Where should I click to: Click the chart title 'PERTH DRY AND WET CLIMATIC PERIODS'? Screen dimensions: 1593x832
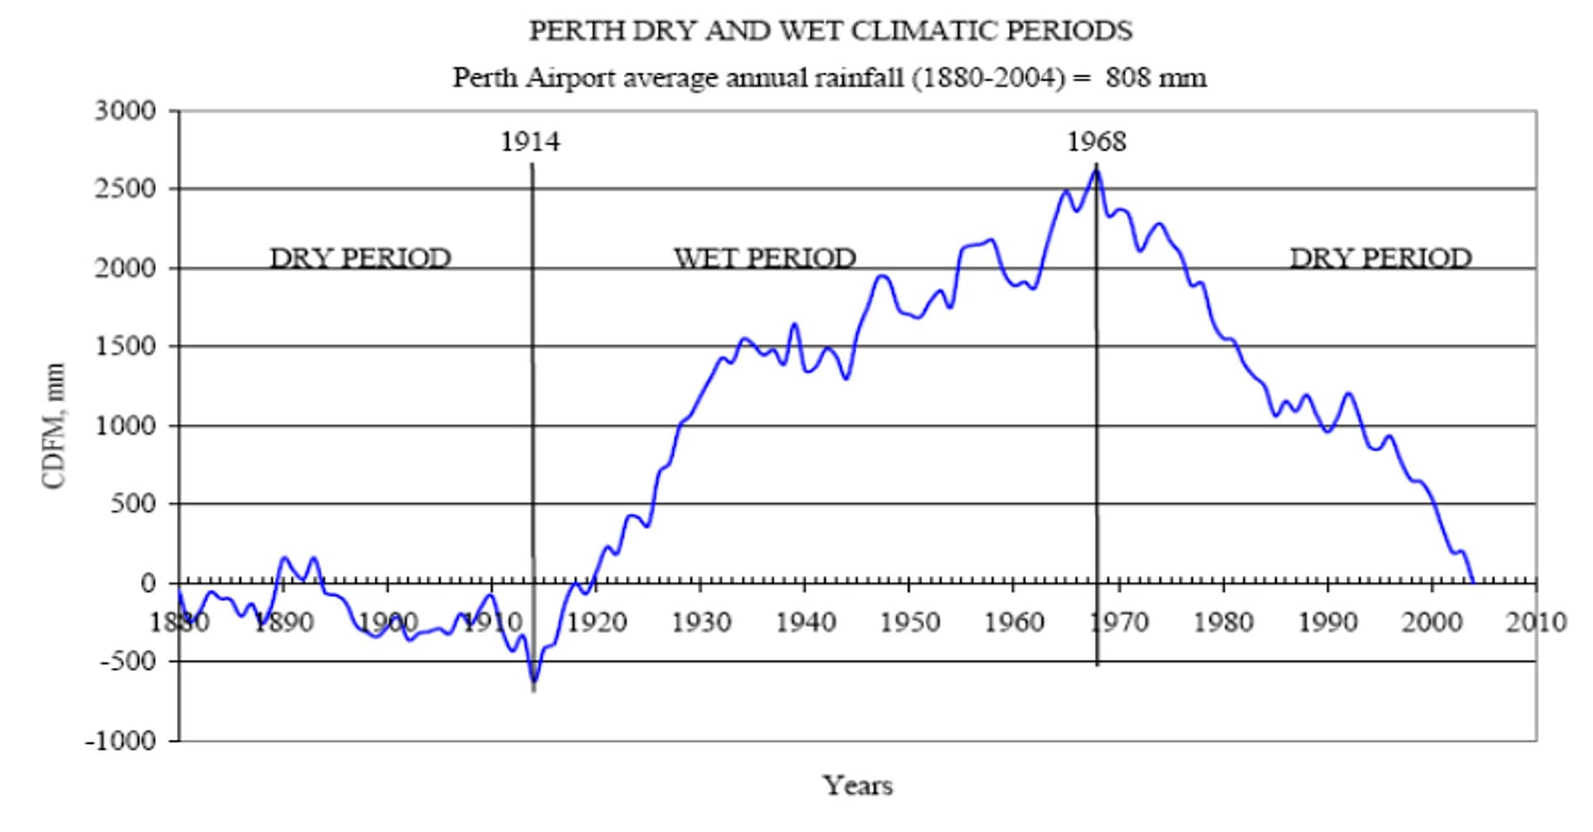tap(831, 31)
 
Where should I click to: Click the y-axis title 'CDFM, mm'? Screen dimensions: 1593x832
tap(54, 426)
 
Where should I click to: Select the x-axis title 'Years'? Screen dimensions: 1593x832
tap(858, 785)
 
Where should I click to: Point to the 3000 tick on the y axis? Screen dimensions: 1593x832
tap(125, 110)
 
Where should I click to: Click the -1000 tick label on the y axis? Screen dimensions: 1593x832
tap(120, 740)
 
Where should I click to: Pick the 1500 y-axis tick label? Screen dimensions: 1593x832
tap(125, 346)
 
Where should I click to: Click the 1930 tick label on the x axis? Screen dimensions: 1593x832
tap(701, 622)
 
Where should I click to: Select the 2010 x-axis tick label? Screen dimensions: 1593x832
tap(1536, 622)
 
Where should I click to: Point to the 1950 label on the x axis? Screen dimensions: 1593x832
tap(909, 622)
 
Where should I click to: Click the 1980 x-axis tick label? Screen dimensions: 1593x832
tap(1223, 622)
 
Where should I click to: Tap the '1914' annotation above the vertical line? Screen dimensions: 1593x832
tap(530, 142)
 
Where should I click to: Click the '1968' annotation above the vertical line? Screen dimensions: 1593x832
tap(1097, 142)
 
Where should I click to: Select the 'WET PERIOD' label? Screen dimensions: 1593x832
tap(764, 258)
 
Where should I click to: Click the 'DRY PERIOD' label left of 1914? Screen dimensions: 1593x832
tap(360, 258)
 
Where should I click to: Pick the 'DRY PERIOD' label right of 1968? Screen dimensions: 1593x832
tap(1381, 258)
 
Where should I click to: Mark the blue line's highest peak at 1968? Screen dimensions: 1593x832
tap(1096, 170)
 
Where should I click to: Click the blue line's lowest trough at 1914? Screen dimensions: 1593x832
tap(533, 682)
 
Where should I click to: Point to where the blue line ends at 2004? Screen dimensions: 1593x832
tap(1473, 582)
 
